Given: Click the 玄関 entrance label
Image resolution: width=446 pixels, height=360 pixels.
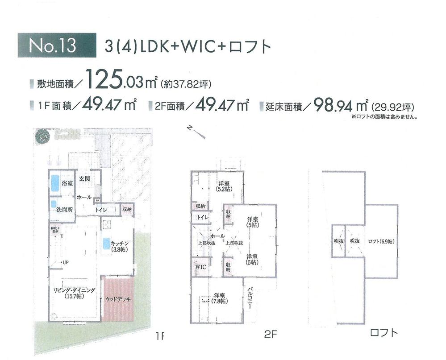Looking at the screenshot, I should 85,179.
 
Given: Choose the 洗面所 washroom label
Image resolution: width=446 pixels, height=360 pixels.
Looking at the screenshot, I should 65,210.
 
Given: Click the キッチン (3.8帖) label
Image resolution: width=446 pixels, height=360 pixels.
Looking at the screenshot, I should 120,246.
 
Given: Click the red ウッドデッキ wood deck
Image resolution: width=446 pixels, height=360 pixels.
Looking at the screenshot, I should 118,298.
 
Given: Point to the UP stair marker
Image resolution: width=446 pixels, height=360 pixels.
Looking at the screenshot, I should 65,262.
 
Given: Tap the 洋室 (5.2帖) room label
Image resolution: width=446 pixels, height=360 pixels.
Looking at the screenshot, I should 224,186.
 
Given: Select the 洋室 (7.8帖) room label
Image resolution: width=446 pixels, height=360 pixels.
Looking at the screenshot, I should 219,298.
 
